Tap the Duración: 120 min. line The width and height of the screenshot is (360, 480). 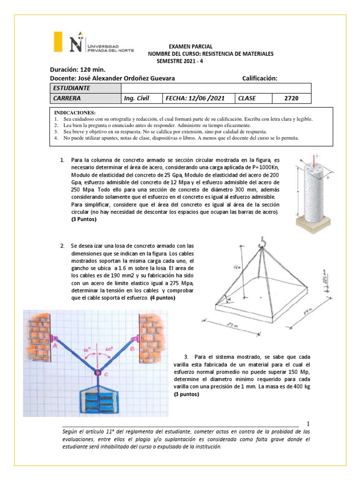76,70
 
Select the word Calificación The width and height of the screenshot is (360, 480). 260,78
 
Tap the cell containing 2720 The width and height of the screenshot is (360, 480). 291,98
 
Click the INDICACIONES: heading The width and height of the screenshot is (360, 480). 75,113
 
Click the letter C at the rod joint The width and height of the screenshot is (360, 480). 106,374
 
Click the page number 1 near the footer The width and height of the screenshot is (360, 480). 307,423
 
